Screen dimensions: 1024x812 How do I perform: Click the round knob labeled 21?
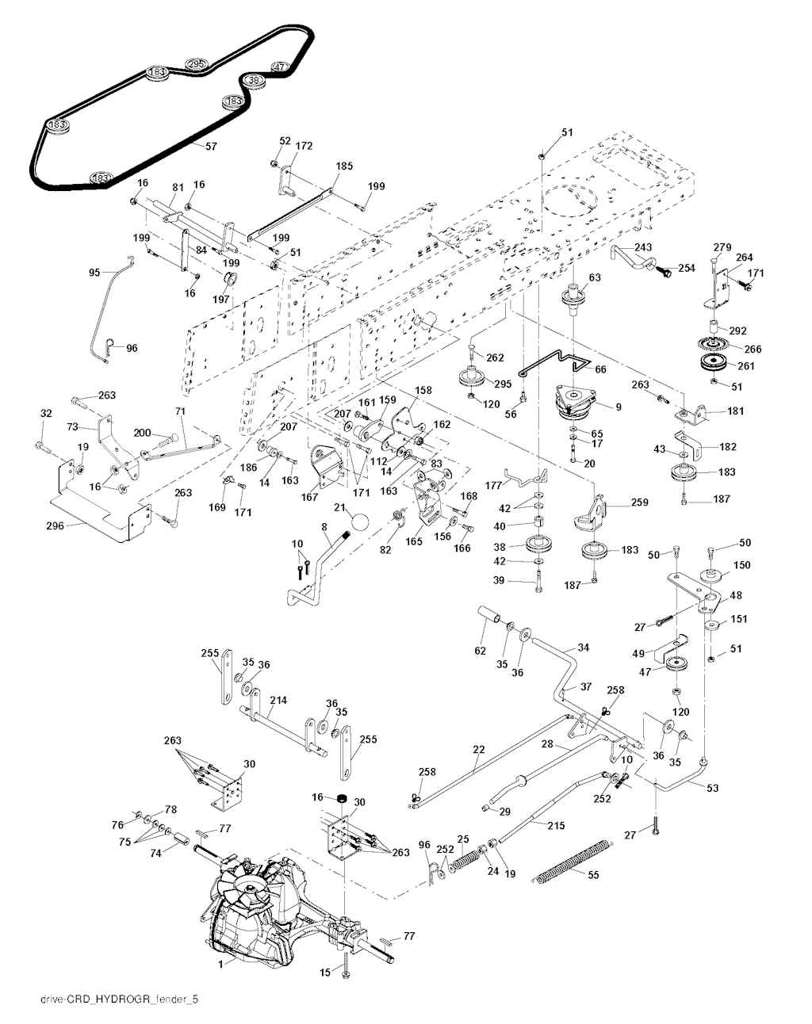(361, 522)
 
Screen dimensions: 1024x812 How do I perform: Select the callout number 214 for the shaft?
(278, 701)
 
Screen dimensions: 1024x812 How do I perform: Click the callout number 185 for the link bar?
(344, 167)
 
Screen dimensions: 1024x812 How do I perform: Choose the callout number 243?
(643, 248)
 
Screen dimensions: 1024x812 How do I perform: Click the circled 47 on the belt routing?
(278, 67)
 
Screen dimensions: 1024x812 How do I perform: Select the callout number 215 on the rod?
(556, 825)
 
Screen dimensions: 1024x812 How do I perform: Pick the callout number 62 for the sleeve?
(478, 649)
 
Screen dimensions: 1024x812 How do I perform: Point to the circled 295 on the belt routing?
(196, 63)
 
